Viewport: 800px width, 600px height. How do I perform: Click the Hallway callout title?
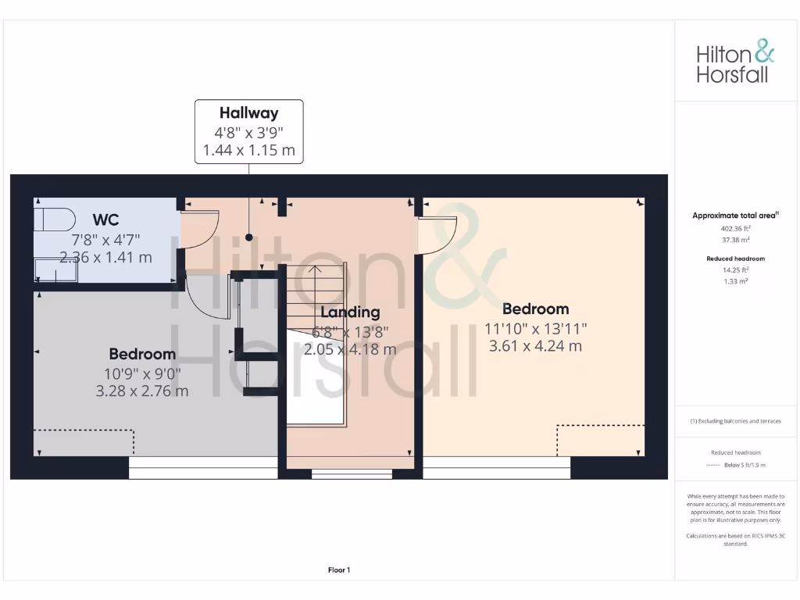tap(248, 113)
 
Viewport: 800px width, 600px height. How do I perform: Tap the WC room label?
tap(105, 219)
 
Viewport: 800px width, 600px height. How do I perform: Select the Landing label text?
tap(350, 312)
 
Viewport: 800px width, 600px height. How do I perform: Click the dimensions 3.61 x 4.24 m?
tap(535, 345)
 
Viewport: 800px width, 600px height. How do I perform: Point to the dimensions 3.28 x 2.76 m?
tap(142, 391)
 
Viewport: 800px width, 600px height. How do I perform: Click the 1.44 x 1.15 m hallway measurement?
tap(248, 150)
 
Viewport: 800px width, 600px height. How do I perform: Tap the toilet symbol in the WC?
tap(53, 220)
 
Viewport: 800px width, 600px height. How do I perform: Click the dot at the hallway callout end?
tap(249, 237)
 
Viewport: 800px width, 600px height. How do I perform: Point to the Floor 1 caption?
tap(339, 570)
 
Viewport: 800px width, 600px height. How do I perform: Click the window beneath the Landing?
tap(352, 473)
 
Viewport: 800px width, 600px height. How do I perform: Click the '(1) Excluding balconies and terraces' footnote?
tap(735, 421)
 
